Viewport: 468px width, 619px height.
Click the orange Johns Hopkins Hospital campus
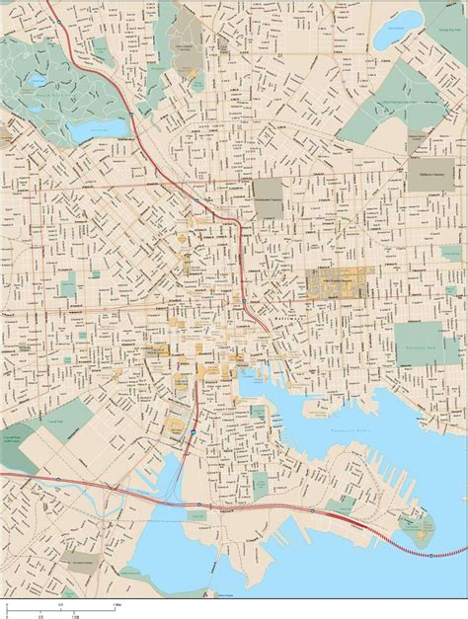point(336,283)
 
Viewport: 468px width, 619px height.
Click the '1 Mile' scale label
point(117,603)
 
